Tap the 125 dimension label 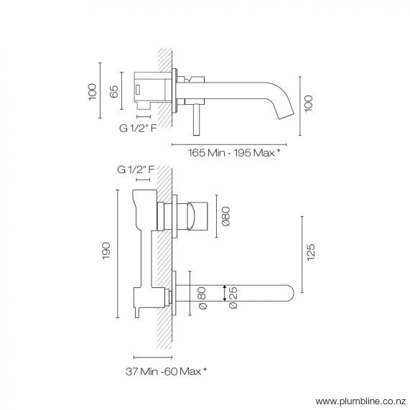pos(311,253)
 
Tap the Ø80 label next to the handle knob pos(225,217)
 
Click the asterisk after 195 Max pos(277,152)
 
